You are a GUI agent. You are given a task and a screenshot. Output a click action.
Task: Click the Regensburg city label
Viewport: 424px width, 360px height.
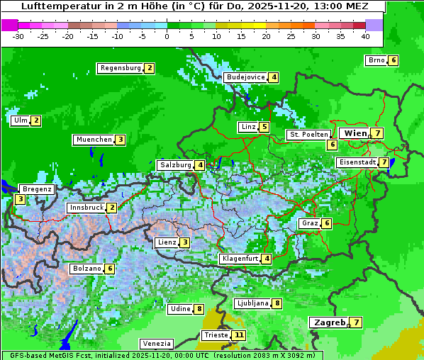(121, 68)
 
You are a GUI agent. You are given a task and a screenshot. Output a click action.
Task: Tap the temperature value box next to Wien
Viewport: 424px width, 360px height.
(378, 133)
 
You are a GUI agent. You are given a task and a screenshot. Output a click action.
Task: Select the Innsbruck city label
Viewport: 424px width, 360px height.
(86, 208)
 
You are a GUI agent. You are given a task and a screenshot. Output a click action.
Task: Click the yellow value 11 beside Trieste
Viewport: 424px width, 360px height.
(239, 335)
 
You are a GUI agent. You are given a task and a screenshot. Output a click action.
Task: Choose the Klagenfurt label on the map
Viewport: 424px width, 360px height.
(240, 259)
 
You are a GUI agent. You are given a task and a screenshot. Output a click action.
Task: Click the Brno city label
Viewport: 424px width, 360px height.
(376, 60)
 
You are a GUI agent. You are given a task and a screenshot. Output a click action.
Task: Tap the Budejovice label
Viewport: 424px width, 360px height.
(245, 77)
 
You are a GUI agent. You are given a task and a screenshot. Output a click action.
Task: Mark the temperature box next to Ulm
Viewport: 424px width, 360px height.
(36, 120)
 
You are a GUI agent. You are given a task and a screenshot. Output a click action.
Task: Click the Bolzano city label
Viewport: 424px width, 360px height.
(87, 269)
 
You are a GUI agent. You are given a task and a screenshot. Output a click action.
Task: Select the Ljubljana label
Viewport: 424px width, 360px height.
(252, 303)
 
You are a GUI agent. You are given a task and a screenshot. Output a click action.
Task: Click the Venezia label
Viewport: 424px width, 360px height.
(157, 344)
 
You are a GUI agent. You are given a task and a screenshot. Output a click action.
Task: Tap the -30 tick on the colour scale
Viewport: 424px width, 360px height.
(18, 36)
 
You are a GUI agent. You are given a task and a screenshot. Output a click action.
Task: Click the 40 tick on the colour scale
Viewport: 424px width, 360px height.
(365, 36)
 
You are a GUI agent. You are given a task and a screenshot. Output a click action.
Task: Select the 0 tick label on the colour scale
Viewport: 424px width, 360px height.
(167, 36)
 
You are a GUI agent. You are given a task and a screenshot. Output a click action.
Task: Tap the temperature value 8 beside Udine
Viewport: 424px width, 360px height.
(199, 309)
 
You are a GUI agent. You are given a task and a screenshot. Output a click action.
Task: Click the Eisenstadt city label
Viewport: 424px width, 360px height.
(357, 162)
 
